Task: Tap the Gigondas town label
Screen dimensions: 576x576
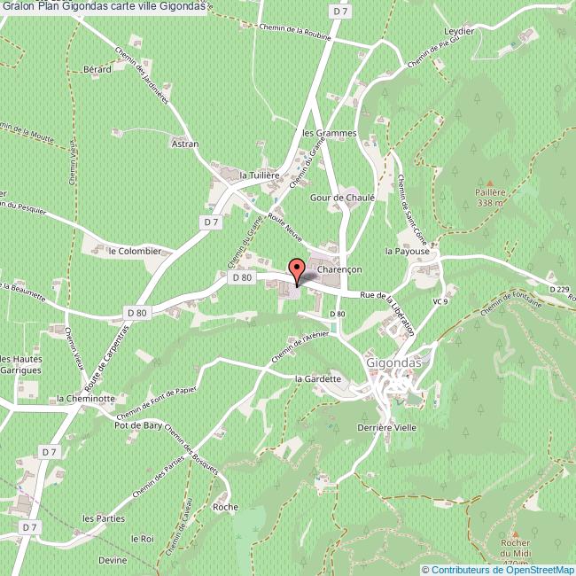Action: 394,362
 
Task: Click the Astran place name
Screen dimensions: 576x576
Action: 184,143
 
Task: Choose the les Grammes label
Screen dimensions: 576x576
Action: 329,133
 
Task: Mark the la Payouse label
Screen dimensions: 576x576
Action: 407,252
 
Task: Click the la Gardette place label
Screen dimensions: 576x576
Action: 317,378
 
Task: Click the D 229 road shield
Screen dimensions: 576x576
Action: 558,289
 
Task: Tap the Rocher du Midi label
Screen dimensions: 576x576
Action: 514,549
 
